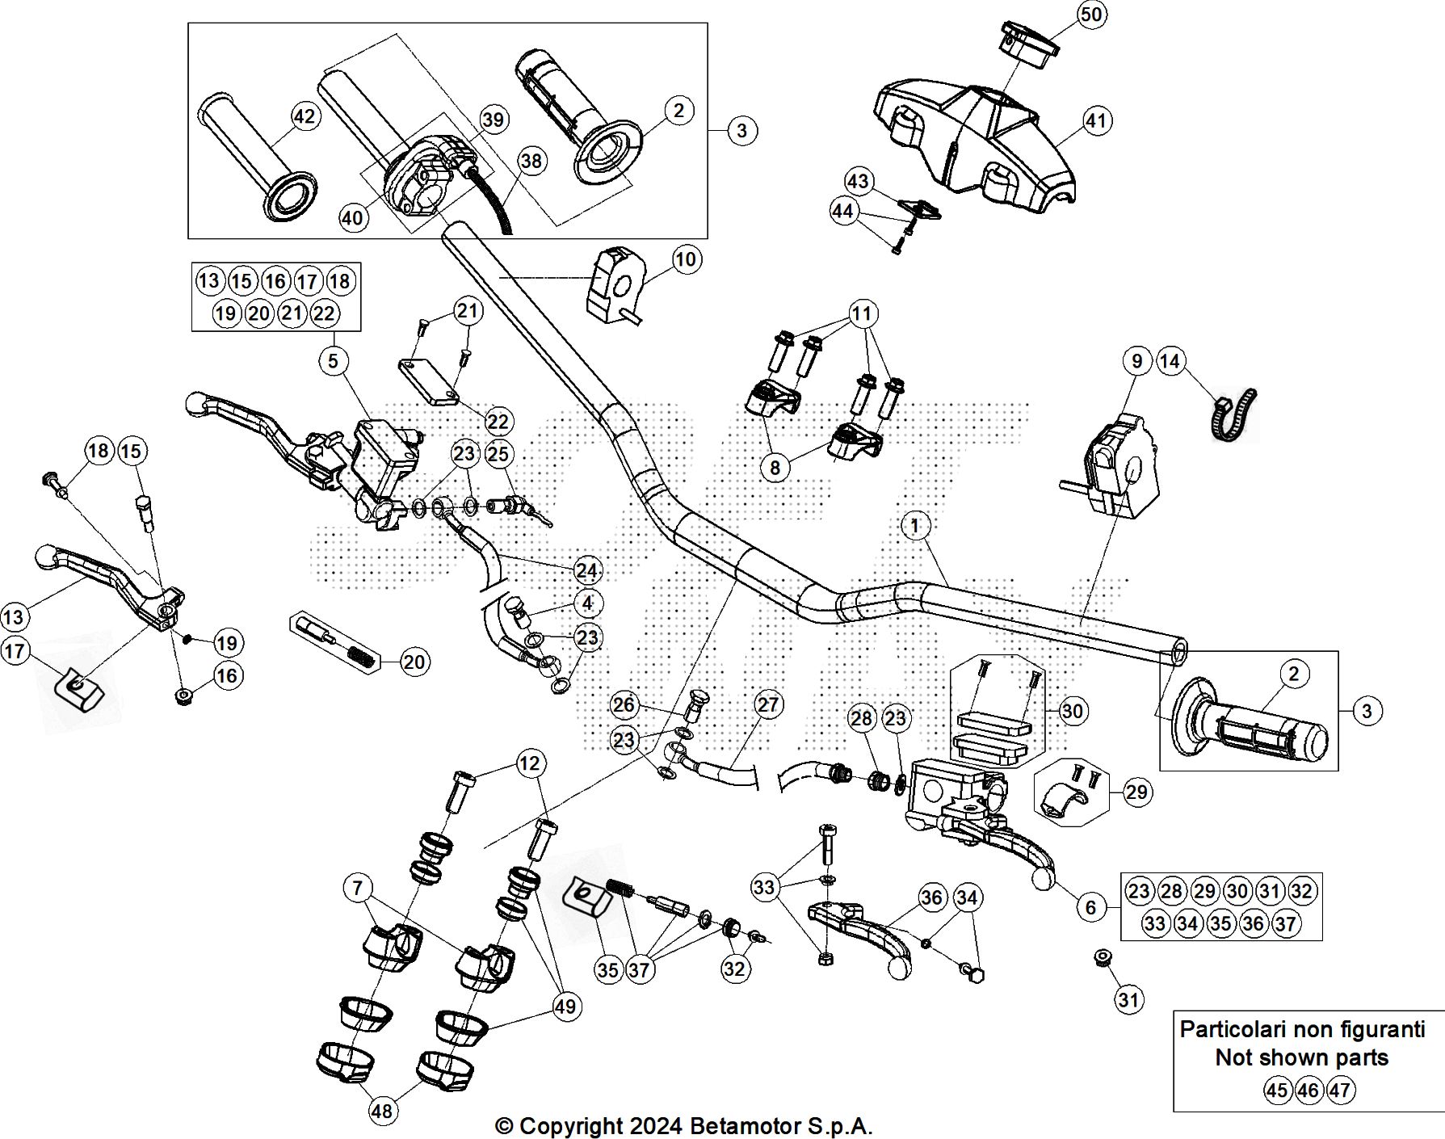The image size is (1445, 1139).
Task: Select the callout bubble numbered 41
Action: tap(1096, 121)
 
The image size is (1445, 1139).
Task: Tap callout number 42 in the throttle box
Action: tap(304, 117)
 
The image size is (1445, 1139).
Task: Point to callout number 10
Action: tap(686, 259)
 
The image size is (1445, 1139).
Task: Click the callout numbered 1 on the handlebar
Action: tap(914, 527)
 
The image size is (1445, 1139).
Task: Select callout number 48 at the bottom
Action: tap(381, 1111)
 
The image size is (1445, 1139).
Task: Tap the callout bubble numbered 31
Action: tap(1128, 1000)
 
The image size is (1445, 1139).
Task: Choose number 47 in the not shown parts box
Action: tap(1339, 1091)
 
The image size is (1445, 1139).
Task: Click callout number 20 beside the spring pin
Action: tap(414, 662)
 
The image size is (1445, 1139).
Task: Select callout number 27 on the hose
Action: tap(767, 704)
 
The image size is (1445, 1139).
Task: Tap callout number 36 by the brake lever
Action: tap(931, 897)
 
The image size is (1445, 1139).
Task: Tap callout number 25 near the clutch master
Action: tap(498, 454)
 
